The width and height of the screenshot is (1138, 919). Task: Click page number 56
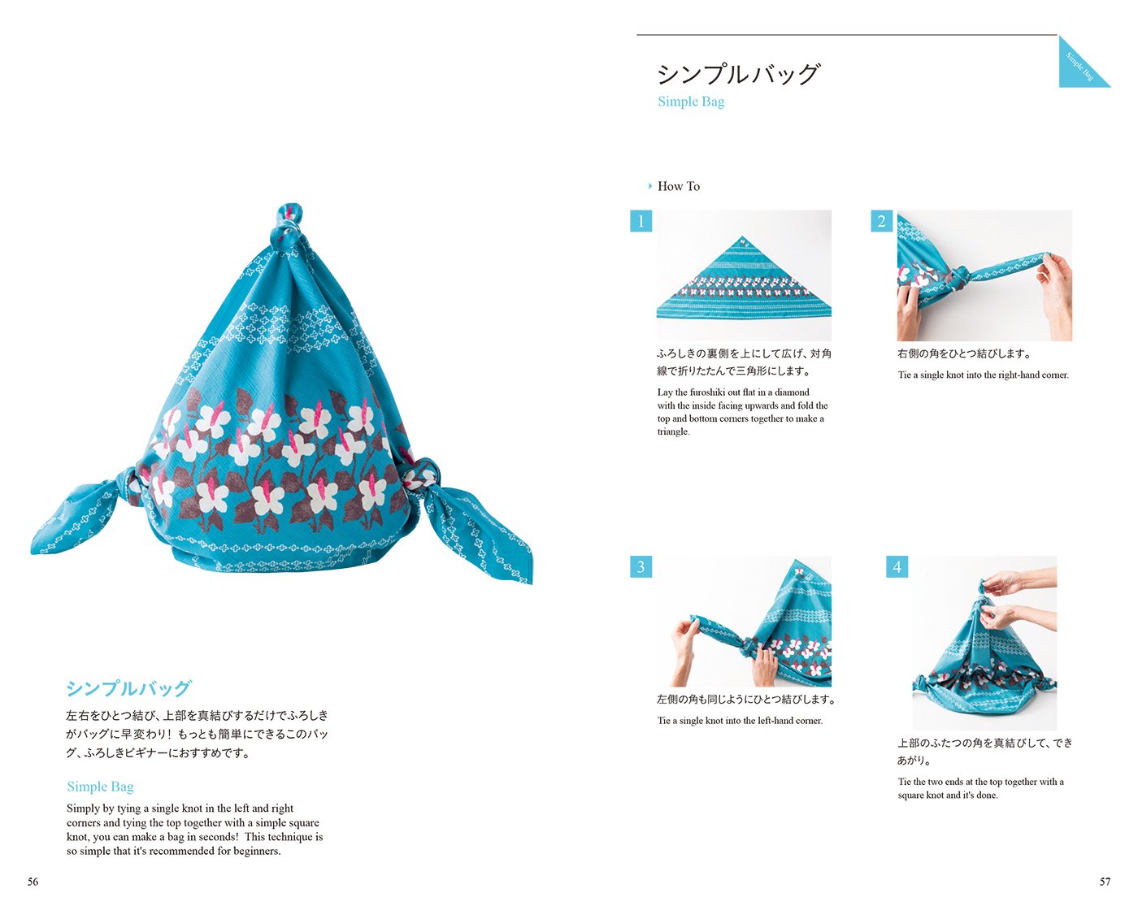point(33,882)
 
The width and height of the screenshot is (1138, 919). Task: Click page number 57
point(1105,882)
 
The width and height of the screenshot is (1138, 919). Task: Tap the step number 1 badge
point(641,221)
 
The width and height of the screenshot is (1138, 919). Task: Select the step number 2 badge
point(882,221)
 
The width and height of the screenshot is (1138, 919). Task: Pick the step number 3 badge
point(641,567)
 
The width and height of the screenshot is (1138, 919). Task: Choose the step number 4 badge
point(897,567)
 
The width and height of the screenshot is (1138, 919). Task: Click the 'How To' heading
point(679,186)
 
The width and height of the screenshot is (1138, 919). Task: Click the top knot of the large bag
point(289,224)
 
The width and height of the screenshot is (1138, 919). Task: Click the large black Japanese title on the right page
point(737,74)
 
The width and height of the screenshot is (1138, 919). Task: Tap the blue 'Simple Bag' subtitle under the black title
point(691,102)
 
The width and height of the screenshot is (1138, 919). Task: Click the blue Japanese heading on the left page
point(128,688)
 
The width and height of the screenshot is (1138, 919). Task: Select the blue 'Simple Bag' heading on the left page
point(100,787)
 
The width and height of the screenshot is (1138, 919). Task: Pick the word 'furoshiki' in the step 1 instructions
point(712,392)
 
